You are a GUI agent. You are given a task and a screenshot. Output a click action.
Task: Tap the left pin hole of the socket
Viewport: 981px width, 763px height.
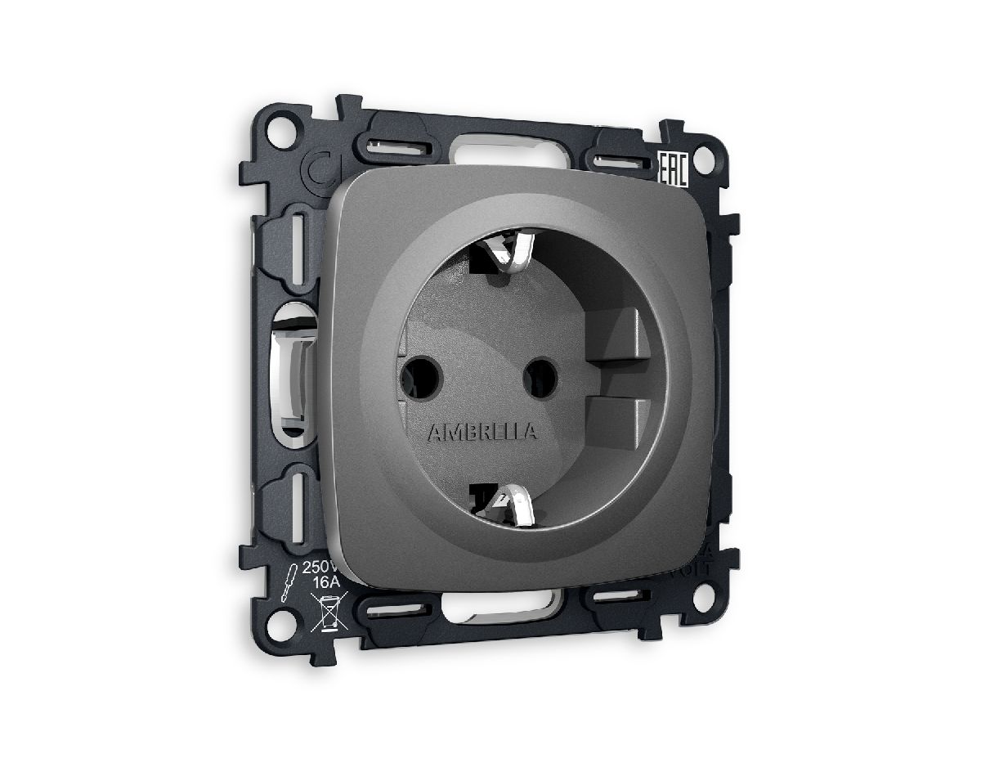[x=422, y=376]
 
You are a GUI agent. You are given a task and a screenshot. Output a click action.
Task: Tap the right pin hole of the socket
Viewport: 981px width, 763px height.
[x=540, y=378]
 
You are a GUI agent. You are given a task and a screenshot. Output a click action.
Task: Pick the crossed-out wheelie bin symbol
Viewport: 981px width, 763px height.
[x=329, y=612]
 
